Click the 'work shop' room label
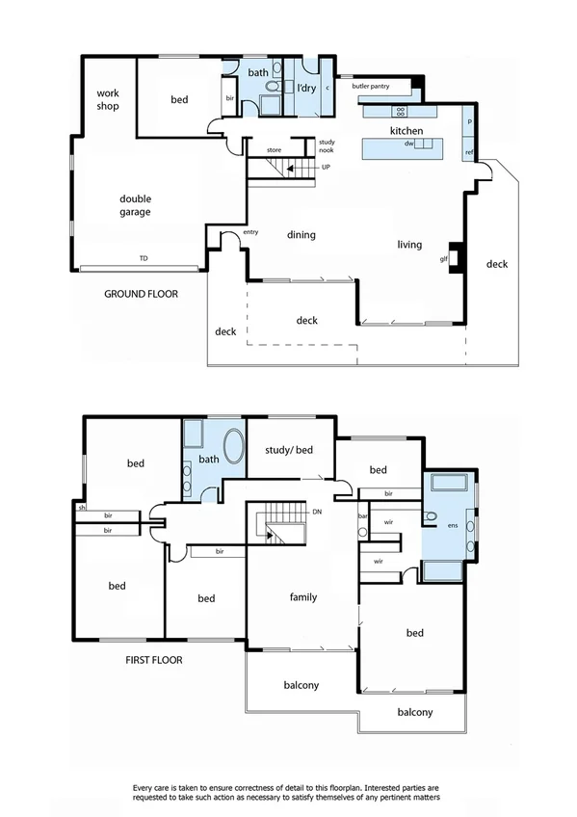[107, 99]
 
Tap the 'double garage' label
[135, 204]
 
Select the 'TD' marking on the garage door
[144, 259]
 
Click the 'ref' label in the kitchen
[469, 152]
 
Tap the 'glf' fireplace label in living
[444, 258]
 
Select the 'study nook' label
[327, 146]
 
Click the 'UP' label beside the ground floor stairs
[327, 168]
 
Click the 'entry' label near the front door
[250, 231]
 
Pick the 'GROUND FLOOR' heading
[141, 294]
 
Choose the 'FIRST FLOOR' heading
[153, 661]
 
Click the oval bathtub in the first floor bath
[234, 449]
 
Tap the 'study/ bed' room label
[290, 450]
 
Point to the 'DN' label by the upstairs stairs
[317, 512]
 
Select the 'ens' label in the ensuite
[455, 525]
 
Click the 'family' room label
[303, 597]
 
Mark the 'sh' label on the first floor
[83, 507]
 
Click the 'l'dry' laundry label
[306, 89]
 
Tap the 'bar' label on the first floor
[363, 515]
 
